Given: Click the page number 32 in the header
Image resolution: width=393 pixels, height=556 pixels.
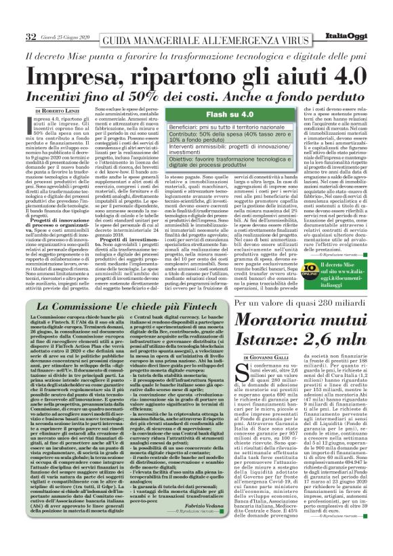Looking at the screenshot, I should tap(30, 36).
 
